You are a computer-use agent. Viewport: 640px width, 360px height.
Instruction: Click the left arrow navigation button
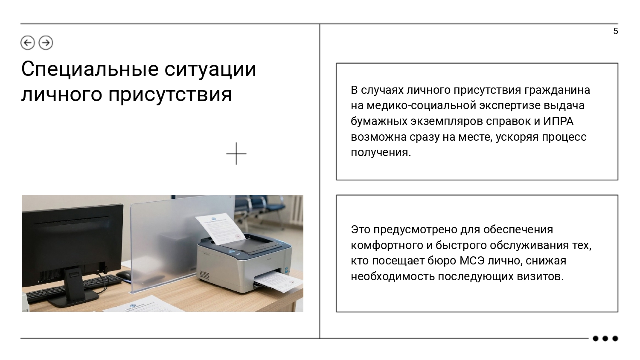[28, 43]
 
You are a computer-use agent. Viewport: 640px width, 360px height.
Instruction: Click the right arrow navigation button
[46, 43]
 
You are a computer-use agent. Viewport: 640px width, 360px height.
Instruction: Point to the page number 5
[616, 31]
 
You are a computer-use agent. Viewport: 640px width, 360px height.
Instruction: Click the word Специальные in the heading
[90, 70]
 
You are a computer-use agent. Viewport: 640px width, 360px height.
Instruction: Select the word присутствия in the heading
[170, 94]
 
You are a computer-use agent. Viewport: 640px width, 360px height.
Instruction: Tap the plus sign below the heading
[236, 154]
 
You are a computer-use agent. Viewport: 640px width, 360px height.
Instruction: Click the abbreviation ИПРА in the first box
[558, 121]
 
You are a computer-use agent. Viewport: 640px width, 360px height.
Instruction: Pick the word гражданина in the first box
[557, 90]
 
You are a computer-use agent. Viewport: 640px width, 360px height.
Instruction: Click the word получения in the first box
[381, 152]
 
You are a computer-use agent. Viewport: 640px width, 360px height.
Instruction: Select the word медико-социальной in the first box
[421, 106]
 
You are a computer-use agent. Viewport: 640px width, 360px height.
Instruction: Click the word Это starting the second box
[361, 229]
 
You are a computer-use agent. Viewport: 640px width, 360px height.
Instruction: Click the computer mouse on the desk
[123, 275]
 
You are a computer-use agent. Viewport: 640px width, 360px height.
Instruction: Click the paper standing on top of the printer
[220, 229]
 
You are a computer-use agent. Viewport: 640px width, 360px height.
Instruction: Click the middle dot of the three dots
[605, 339]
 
